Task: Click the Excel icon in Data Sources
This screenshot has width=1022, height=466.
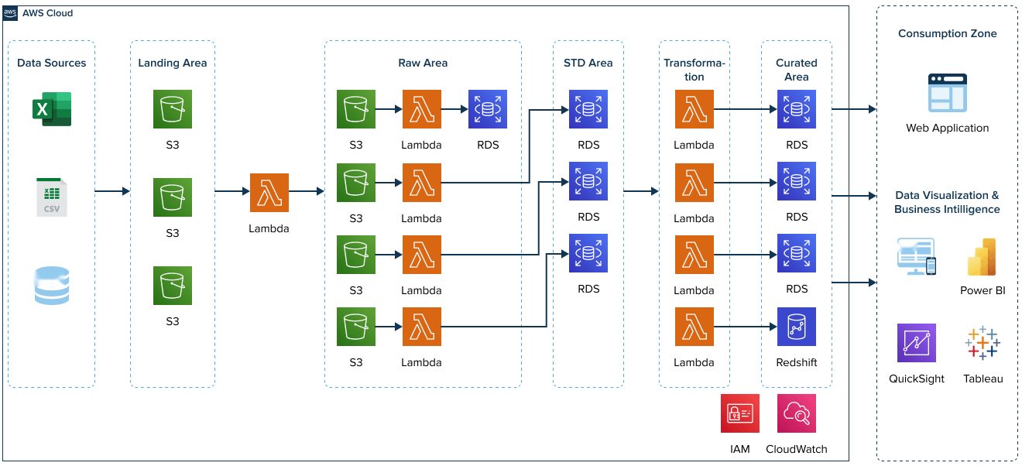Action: [52, 109]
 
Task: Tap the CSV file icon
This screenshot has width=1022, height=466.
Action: [52, 197]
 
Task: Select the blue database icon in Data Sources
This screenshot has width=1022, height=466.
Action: [52, 286]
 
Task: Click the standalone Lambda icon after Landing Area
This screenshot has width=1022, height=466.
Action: [269, 193]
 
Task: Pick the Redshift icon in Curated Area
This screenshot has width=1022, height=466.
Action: [796, 327]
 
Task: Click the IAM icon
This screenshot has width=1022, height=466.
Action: [739, 413]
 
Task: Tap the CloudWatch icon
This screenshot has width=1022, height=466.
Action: [796, 413]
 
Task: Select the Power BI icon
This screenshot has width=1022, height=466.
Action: [982, 258]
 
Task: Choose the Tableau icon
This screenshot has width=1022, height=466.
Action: [983, 343]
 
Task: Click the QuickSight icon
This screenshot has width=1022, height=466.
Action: [916, 343]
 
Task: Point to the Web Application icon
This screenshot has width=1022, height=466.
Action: [948, 94]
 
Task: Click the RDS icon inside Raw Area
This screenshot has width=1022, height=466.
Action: [488, 109]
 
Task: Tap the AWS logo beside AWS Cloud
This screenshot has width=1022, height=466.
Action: [11, 13]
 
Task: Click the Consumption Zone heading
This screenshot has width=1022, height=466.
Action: [947, 33]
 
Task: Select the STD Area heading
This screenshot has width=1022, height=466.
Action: [588, 63]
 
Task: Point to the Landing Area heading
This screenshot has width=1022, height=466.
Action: [172, 63]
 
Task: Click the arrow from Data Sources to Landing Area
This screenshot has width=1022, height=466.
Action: [112, 190]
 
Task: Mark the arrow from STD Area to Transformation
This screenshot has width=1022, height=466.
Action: [641, 190]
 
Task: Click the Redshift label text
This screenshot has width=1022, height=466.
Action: [796, 362]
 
